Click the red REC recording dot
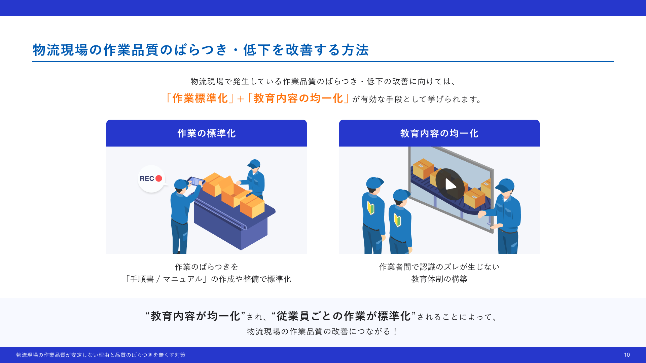(x=159, y=178)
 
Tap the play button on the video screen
(x=450, y=184)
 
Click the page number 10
(x=627, y=355)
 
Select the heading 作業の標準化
(x=207, y=133)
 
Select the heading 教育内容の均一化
(x=439, y=133)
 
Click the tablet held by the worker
(x=195, y=182)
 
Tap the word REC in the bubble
(x=147, y=178)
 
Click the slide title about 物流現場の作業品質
(x=201, y=50)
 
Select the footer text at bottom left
(x=101, y=355)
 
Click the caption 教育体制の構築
(x=439, y=279)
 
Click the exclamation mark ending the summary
(x=395, y=331)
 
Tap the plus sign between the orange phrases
(x=241, y=99)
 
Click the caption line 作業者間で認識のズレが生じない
(x=439, y=267)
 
